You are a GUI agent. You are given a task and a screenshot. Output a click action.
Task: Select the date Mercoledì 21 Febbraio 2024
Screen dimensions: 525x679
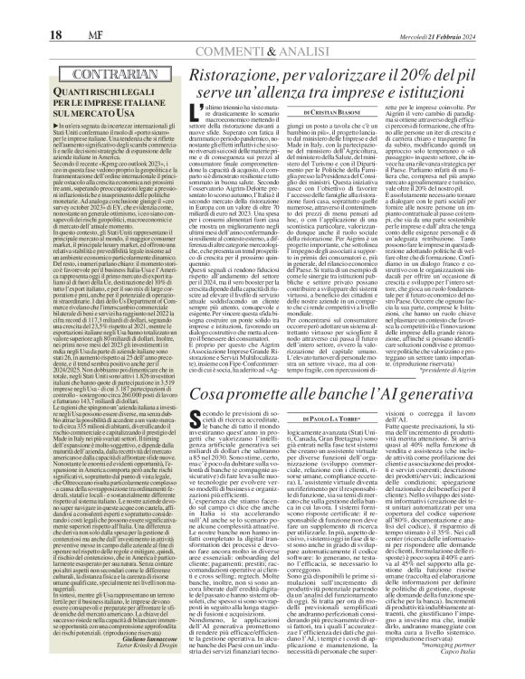[x=463, y=11]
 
